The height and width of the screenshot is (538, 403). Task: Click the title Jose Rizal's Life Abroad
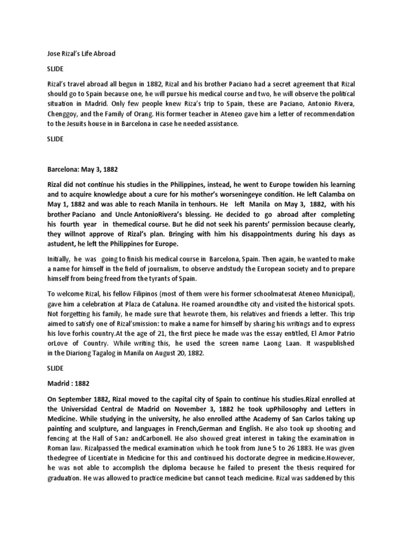[78, 54]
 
